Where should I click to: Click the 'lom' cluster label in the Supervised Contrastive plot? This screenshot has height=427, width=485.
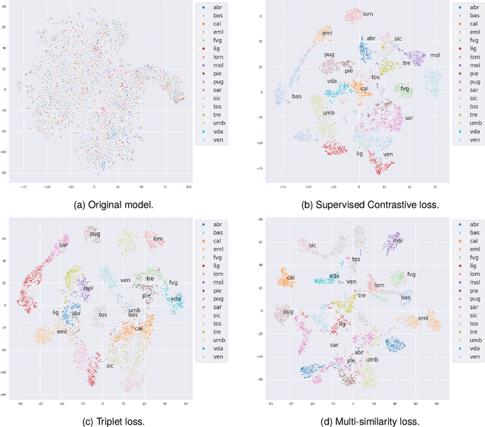368,14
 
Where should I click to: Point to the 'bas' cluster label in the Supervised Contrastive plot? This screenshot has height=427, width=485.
296,96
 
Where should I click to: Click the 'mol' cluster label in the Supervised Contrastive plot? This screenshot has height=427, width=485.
434,55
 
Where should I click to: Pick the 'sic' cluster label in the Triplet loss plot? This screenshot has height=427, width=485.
110,366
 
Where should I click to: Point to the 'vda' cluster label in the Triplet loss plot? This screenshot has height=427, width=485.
176,300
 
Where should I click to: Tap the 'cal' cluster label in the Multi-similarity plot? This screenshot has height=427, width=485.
291,278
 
